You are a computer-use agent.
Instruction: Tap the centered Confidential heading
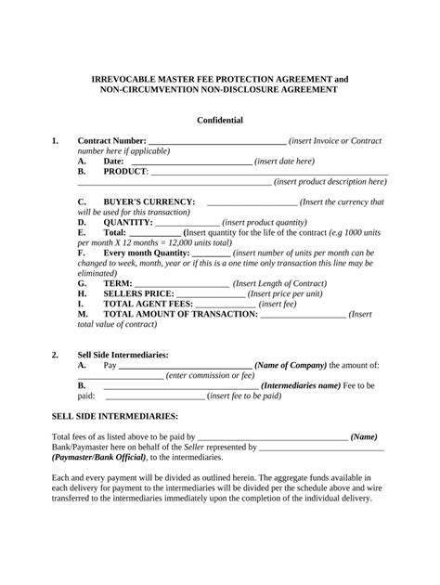220,120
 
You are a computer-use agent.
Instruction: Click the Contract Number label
111,140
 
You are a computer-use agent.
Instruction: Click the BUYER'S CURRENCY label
149,201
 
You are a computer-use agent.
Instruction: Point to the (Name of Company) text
290,365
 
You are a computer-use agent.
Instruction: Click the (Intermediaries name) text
302,384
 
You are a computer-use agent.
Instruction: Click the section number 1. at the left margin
56,140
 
